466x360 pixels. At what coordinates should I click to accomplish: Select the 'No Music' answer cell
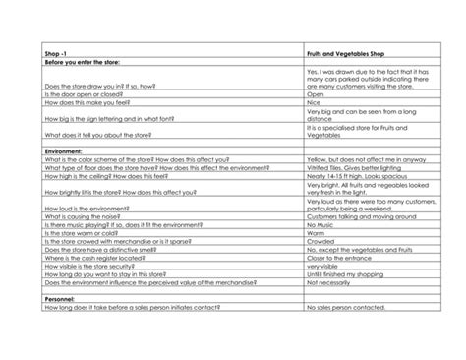321,224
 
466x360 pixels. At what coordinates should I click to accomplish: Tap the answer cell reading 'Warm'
317,232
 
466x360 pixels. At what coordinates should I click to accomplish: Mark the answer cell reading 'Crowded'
320,241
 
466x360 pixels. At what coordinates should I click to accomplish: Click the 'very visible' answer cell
323,267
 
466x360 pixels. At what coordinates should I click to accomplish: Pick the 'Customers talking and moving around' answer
363,215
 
